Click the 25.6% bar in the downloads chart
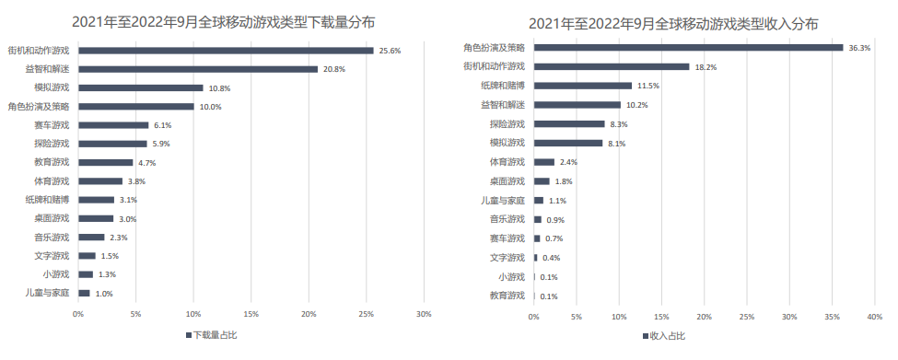click(226, 51)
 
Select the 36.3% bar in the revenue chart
click(688, 47)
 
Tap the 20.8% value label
click(334, 69)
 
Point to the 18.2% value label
click(706, 66)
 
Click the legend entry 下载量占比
click(213, 335)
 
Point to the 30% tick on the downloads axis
click(424, 314)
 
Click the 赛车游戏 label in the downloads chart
click(52, 125)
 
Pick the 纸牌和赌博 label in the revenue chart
click(503, 86)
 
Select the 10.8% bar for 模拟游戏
click(141, 87)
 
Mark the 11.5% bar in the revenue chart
click(583, 86)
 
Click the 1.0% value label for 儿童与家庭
click(105, 294)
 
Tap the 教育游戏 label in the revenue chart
click(507, 296)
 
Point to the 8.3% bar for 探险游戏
click(569, 123)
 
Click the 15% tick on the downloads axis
click(251, 314)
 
